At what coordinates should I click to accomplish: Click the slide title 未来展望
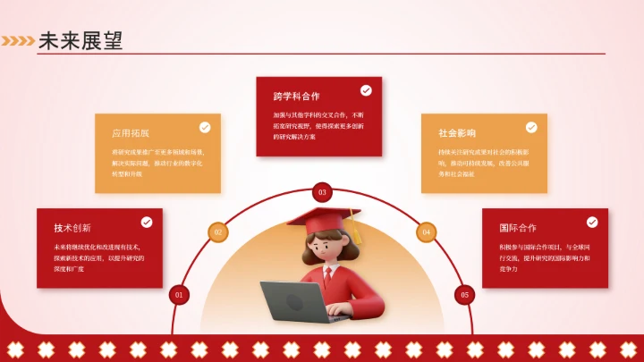[80, 40]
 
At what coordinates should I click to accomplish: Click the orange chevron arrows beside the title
[18, 40]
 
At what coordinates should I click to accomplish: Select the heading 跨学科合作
[296, 96]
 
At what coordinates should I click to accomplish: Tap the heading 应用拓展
[130, 133]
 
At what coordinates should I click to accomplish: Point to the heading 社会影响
[456, 133]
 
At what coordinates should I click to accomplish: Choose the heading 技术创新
[72, 228]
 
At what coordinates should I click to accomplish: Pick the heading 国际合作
[518, 228]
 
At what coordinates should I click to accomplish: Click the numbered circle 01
[179, 294]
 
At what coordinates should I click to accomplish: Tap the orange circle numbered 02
[217, 232]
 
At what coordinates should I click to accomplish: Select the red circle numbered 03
[322, 191]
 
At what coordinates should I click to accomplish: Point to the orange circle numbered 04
[427, 232]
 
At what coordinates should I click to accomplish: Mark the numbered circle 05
[464, 294]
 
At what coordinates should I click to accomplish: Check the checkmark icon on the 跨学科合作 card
[366, 90]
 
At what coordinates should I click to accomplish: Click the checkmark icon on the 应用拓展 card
[205, 128]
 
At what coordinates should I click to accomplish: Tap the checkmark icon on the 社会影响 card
[531, 128]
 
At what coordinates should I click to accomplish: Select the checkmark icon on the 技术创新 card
[147, 223]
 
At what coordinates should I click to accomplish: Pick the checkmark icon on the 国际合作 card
[592, 223]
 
